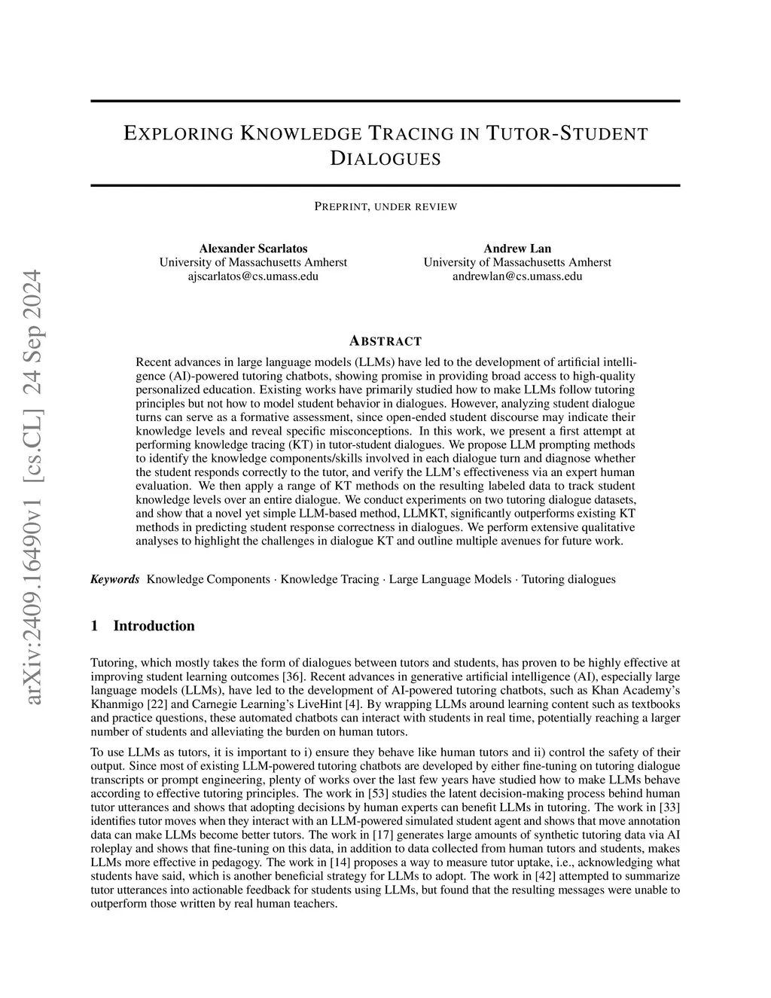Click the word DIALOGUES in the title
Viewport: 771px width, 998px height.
point(385,158)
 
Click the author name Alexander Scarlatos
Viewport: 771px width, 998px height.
point(253,249)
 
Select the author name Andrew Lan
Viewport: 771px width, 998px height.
point(517,249)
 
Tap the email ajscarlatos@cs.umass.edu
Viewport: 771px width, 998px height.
point(253,276)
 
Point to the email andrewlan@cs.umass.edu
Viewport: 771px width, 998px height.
point(517,276)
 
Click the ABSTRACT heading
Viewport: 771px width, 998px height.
point(385,340)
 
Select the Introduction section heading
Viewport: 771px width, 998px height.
point(154,626)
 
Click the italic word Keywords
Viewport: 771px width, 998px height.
point(115,579)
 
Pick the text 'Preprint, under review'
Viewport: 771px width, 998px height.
point(385,206)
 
